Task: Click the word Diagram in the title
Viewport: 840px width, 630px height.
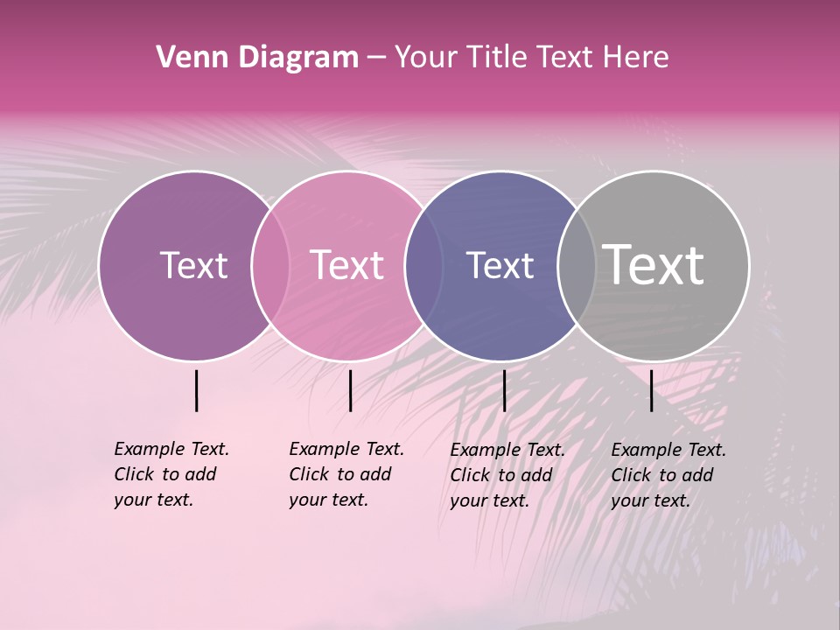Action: click(x=297, y=58)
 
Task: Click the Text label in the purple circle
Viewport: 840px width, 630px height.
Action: click(x=193, y=265)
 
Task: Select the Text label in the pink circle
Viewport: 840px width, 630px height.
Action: click(x=346, y=265)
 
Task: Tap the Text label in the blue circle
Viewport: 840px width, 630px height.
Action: click(x=500, y=265)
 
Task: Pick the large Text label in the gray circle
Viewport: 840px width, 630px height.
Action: click(x=654, y=265)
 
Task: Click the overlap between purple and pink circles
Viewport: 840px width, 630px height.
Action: click(x=270, y=265)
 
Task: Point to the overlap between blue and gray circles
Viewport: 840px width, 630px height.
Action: click(x=576, y=265)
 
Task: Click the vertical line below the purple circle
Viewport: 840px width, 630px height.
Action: click(x=197, y=390)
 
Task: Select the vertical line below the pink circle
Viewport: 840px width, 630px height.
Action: click(x=350, y=390)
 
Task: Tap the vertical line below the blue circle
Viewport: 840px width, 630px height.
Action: click(x=504, y=390)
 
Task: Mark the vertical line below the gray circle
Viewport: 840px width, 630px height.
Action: click(x=651, y=390)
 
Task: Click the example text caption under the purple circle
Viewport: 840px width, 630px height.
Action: click(x=171, y=474)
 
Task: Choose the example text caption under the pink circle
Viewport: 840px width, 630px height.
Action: click(x=346, y=474)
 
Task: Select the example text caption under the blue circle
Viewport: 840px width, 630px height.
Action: click(x=507, y=475)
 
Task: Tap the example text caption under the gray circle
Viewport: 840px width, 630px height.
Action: click(x=668, y=475)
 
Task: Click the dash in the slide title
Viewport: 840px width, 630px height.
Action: click(x=376, y=58)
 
